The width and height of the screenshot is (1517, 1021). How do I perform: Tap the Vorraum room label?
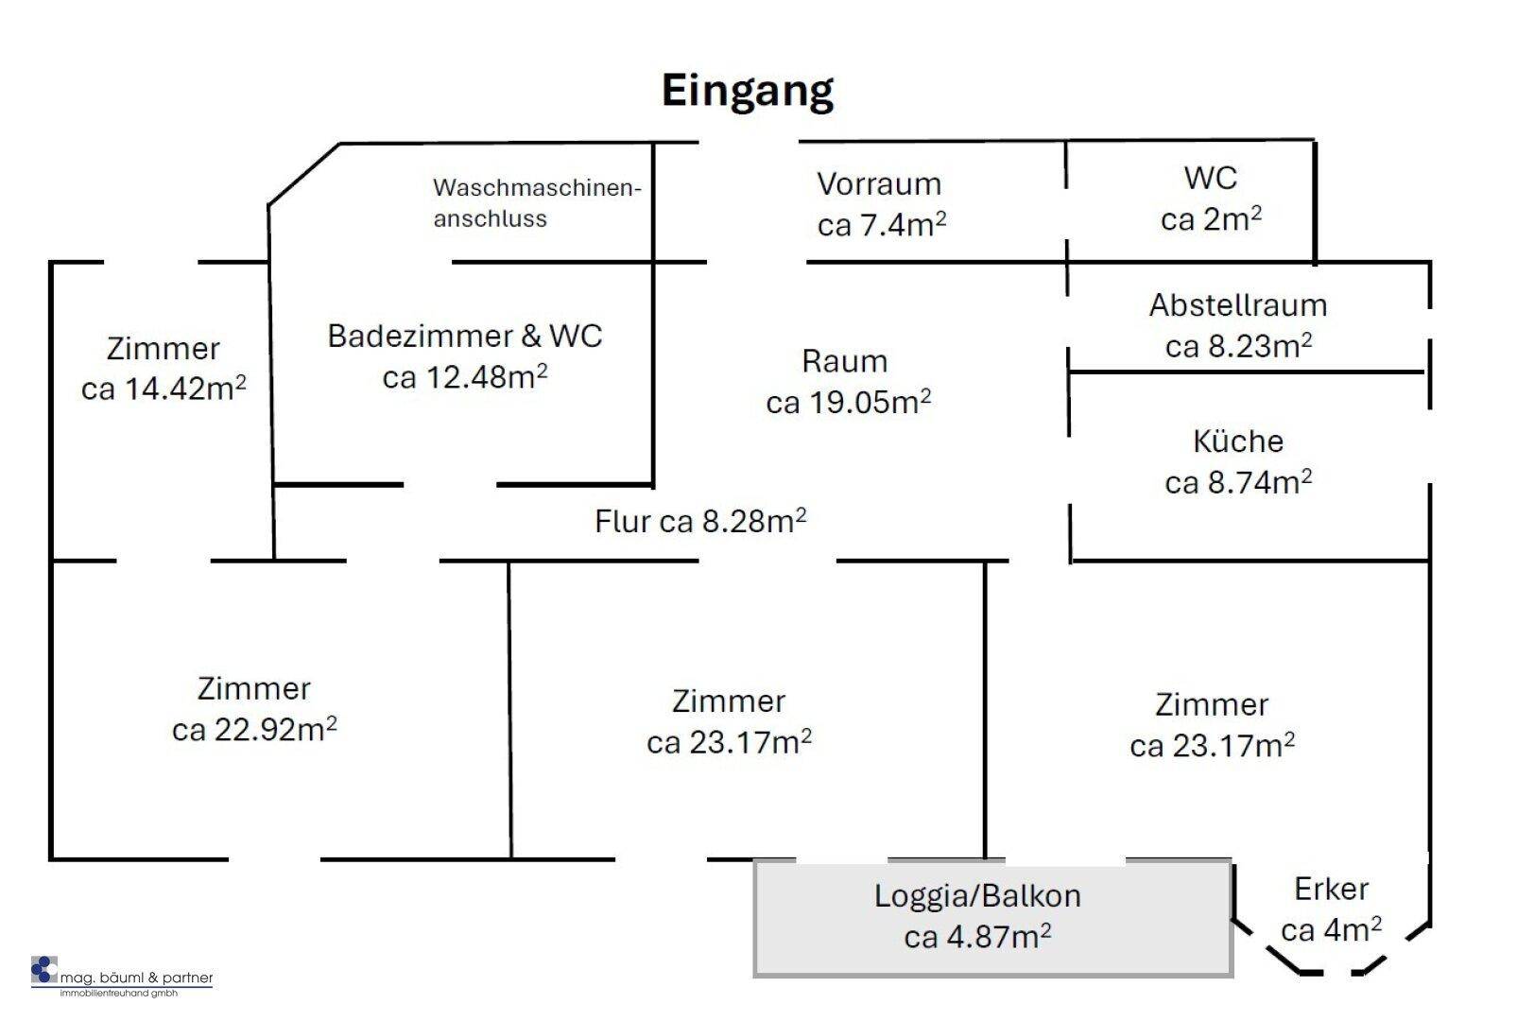coord(881,204)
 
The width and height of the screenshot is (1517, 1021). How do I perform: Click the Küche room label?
coord(1238,461)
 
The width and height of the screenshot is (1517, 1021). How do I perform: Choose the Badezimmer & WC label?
coord(465,355)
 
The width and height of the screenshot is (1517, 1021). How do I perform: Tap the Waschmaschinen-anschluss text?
coord(536,202)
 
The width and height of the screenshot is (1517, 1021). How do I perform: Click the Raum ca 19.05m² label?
coord(848,381)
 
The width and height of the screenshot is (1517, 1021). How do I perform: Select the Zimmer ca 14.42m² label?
coord(164,369)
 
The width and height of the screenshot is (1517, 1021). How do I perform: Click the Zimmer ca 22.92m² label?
coord(254,709)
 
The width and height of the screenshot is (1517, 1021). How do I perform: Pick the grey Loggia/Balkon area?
coord(992,918)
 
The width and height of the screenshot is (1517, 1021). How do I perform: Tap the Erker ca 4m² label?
coord(1331,909)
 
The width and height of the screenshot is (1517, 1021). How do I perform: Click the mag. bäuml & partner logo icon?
coord(44,970)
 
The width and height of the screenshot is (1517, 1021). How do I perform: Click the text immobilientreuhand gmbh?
coord(119,994)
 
